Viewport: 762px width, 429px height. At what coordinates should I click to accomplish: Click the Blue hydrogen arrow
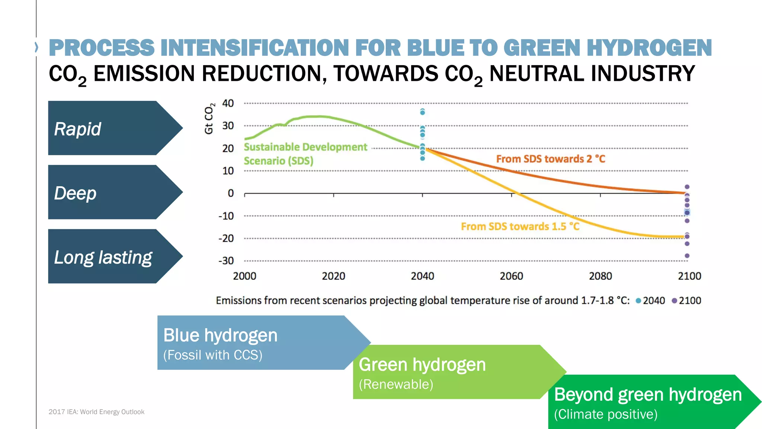coord(253,343)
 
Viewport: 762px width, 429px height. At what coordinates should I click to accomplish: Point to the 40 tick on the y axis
coord(228,103)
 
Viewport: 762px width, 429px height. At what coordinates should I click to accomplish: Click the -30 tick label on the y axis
coord(226,261)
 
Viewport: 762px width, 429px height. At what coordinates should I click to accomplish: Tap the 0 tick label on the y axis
coord(231,193)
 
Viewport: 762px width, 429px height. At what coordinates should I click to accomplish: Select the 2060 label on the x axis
coord(511,276)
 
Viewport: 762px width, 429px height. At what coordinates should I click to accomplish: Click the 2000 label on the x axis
coord(244,276)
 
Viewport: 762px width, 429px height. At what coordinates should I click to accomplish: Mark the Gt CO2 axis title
coord(209,118)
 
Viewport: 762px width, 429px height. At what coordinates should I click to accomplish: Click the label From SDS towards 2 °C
coord(550,159)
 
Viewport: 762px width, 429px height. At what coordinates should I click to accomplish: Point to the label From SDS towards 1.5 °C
coord(520,226)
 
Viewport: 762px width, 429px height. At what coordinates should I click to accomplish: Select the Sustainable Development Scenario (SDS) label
coord(305,154)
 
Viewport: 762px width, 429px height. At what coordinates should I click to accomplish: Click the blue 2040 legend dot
coord(638,301)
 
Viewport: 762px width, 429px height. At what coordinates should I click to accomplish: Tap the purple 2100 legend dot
coord(674,301)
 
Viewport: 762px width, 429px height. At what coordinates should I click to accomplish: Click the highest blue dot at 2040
coord(422,112)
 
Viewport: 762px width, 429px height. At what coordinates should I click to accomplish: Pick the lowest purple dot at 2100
coord(687,256)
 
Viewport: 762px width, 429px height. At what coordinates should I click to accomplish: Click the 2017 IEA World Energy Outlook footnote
coord(96,412)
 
